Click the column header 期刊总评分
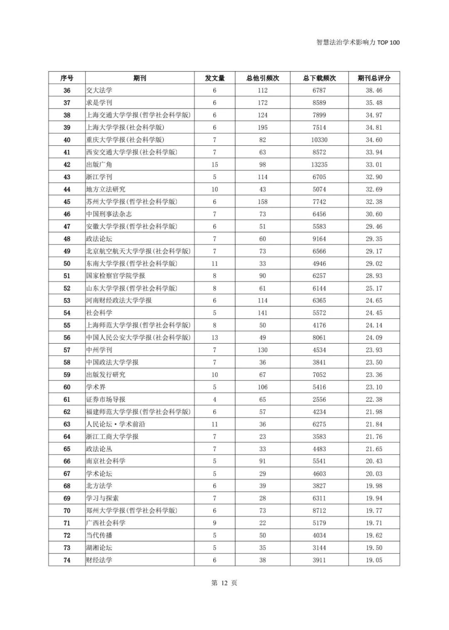[x=374, y=78]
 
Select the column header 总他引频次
[x=262, y=78]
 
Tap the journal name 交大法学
[x=99, y=90]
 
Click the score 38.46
[x=374, y=90]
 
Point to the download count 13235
[x=319, y=165]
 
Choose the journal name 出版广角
[x=99, y=165]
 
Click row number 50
[x=67, y=263]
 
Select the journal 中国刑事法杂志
[x=109, y=214]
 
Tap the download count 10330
[x=319, y=140]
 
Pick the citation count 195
[x=262, y=127]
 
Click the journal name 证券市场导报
[x=106, y=399]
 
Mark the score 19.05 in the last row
[x=374, y=560]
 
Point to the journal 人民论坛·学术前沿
[x=116, y=424]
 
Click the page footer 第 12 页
[x=224, y=583]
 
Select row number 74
[x=67, y=560]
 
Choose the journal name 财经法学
[x=99, y=560]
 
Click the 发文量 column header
[x=215, y=78]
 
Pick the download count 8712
[x=319, y=511]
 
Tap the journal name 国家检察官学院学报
[x=116, y=276]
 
